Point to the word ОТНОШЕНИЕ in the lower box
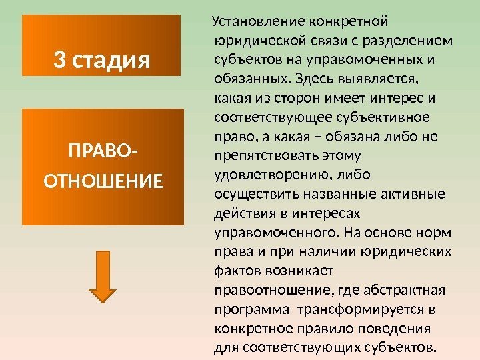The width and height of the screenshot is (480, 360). tap(102, 180)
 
